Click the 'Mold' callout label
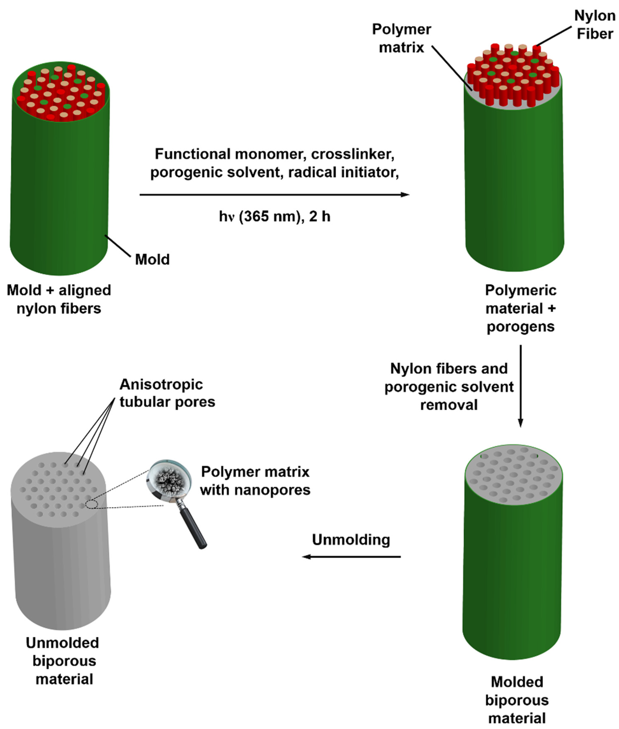pyautogui.click(x=152, y=260)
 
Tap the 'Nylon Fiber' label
pyautogui.click(x=595, y=25)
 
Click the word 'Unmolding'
pyautogui.click(x=351, y=540)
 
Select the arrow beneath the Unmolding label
pyautogui.click(x=351, y=557)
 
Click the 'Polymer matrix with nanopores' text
pyautogui.click(x=255, y=481)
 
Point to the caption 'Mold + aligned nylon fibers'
pyautogui.click(x=59, y=299)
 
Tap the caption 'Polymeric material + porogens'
pyautogui.click(x=520, y=308)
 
